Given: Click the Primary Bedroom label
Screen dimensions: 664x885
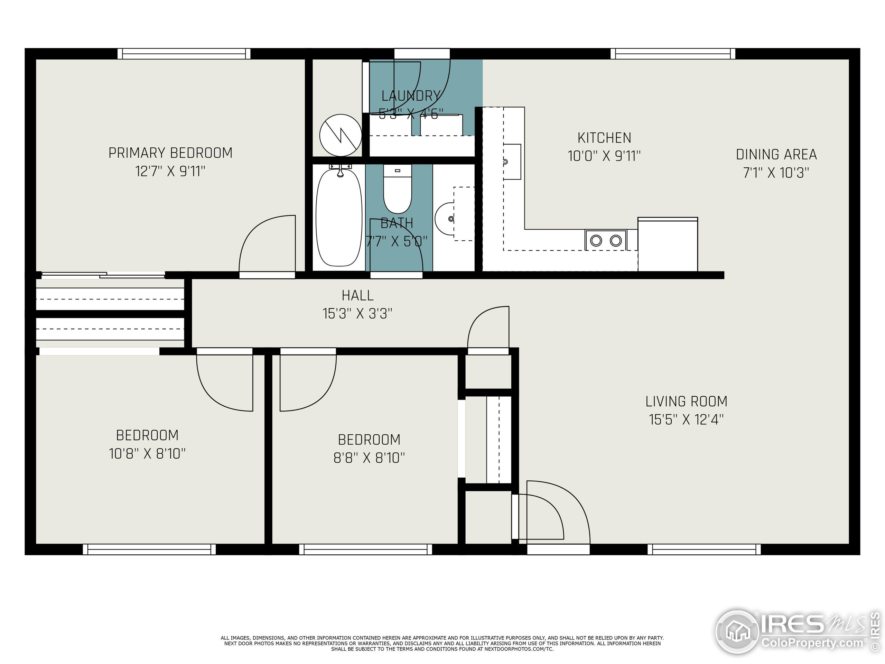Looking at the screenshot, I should [x=170, y=153].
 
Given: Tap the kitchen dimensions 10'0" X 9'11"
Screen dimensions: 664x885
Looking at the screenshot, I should [x=604, y=156].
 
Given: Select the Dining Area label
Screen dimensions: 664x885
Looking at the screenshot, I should [x=776, y=155].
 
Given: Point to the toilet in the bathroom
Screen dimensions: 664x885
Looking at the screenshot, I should [x=397, y=190].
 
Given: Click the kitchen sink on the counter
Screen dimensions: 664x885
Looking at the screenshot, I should [x=512, y=162].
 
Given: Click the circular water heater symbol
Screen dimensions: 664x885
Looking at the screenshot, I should [x=341, y=135].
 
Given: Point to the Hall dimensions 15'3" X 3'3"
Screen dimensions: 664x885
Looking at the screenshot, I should [x=357, y=313].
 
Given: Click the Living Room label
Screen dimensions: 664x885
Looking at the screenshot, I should [x=686, y=402].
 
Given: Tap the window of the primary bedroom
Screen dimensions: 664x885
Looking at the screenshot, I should [x=184, y=54].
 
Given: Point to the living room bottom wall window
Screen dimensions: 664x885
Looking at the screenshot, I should [x=704, y=550].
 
